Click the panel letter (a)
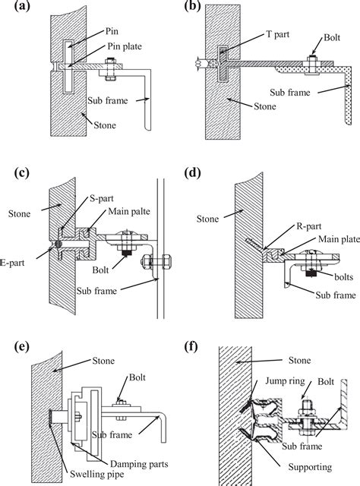[x=22, y=6]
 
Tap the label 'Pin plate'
[x=125, y=46]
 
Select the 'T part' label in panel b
[x=277, y=34]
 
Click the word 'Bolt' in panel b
[x=332, y=37]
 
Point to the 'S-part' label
[x=102, y=199]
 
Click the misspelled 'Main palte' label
[x=129, y=211]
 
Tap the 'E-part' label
[x=12, y=263]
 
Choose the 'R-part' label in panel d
[x=309, y=226]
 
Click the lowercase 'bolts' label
[x=343, y=276]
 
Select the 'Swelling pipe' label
[x=96, y=474]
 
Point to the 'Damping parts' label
[x=139, y=464]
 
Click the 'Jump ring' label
[x=286, y=381]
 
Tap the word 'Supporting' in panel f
[x=310, y=467]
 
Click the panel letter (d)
[x=192, y=173]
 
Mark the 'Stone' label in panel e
[x=103, y=361]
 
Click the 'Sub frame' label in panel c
[x=96, y=291]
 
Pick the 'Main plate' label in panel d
[x=339, y=239]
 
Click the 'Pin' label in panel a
[x=112, y=31]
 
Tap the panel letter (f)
[x=191, y=346]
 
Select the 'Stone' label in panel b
[x=265, y=106]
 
